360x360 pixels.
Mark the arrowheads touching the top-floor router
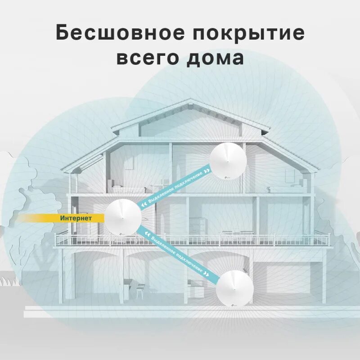(x=206, y=171)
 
